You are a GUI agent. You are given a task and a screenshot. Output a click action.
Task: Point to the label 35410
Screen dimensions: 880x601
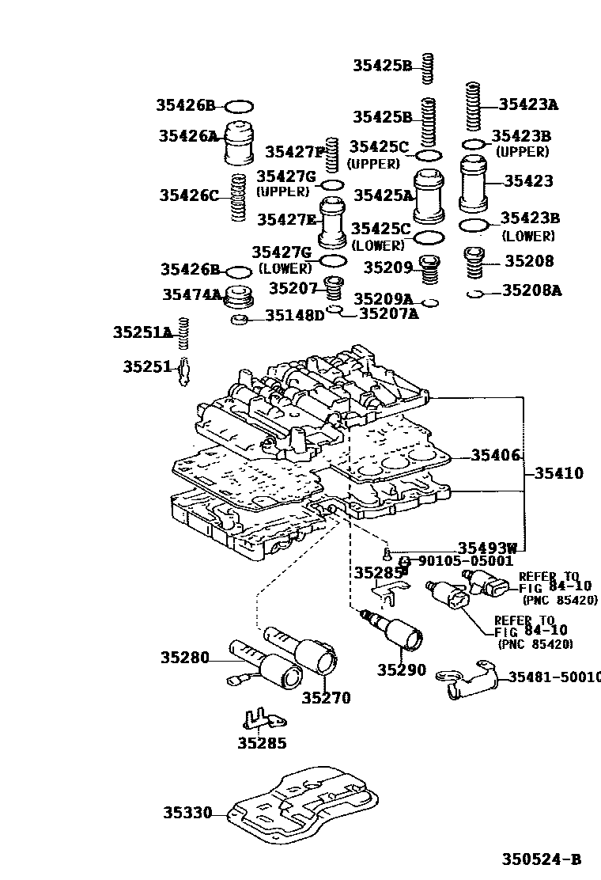(x=558, y=474)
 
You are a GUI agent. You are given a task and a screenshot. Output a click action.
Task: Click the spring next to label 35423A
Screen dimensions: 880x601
(x=473, y=107)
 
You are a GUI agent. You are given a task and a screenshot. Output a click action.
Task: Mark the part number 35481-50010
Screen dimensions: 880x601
(x=554, y=677)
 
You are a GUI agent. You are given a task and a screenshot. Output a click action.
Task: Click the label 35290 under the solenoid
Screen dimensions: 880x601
(x=401, y=670)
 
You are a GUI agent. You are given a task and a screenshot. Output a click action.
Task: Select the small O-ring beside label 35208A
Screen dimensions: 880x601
(x=475, y=294)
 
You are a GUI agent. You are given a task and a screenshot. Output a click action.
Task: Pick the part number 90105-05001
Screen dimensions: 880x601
(x=466, y=561)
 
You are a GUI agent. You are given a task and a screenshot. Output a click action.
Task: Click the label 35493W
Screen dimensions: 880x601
(x=487, y=548)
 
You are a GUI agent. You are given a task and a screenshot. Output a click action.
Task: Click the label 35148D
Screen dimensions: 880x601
(x=295, y=316)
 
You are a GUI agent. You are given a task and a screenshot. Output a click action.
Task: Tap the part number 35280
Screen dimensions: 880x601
(x=184, y=657)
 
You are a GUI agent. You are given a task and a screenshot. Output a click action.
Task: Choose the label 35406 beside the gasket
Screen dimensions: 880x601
(x=496, y=455)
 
